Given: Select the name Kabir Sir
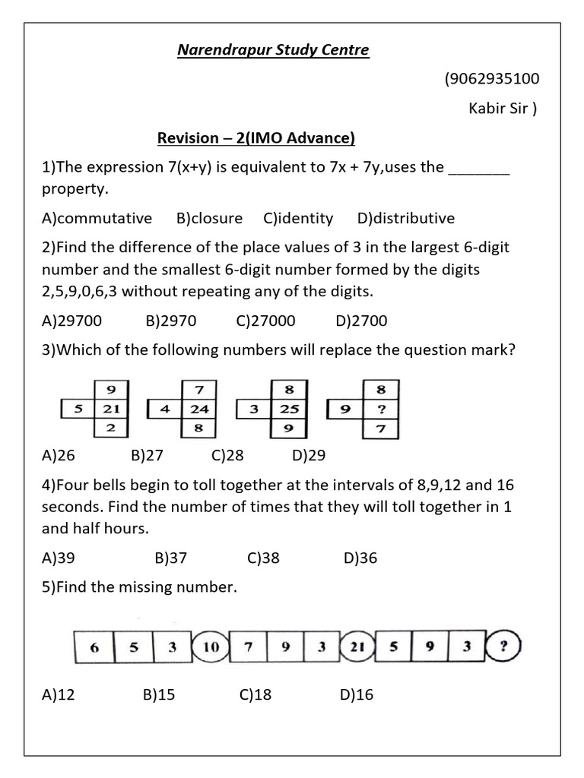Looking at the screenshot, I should pyautogui.click(x=502, y=108).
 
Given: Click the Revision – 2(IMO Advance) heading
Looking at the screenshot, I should pyautogui.click(x=256, y=138).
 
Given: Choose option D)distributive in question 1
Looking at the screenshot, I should pyautogui.click(x=405, y=218).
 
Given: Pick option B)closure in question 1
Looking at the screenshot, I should pyautogui.click(x=209, y=218).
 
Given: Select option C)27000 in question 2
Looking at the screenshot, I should pyautogui.click(x=265, y=321).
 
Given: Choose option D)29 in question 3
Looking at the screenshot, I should pyautogui.click(x=308, y=456).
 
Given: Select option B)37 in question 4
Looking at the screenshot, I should pyautogui.click(x=170, y=558).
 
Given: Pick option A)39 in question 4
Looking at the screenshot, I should pyautogui.click(x=59, y=558).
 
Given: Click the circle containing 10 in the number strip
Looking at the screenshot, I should pyautogui.click(x=211, y=648).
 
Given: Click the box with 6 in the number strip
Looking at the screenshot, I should pyautogui.click(x=94, y=648).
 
